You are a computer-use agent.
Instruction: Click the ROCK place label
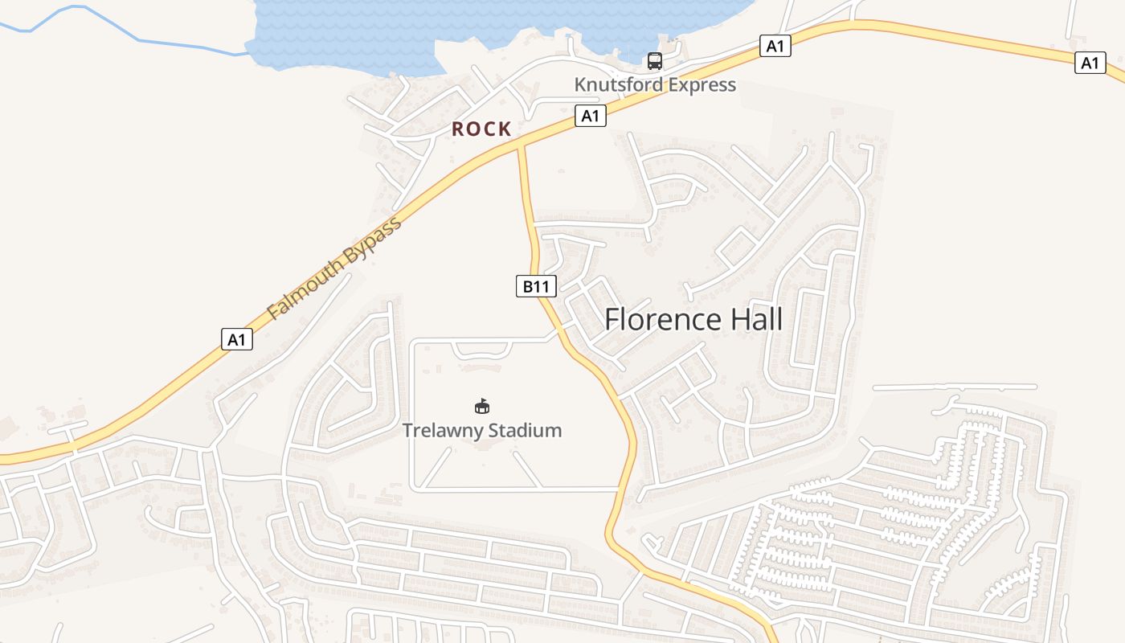481,129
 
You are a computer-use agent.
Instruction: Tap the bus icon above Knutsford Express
655,60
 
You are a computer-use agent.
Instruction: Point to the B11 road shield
536,286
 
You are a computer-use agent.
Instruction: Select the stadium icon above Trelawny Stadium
482,407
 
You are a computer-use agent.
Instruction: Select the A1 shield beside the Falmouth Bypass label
237,339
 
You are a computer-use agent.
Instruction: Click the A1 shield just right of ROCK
590,117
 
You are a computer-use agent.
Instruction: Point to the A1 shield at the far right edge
1090,63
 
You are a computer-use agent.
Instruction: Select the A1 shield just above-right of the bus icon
775,47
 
